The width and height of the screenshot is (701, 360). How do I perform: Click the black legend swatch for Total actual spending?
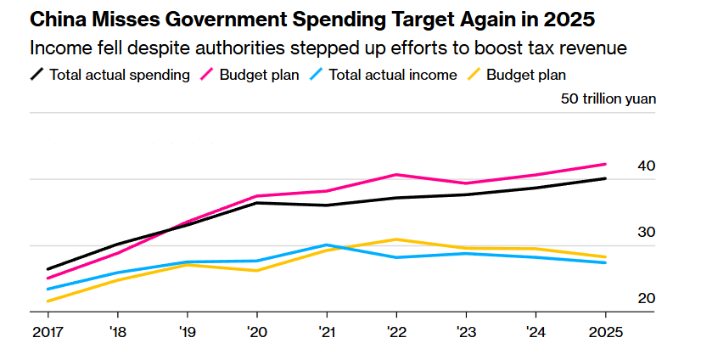(x=36, y=75)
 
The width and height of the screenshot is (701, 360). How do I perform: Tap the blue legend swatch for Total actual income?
(x=316, y=75)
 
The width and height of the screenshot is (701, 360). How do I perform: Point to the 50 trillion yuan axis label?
(x=608, y=98)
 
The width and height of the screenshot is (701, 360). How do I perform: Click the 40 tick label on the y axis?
(x=646, y=166)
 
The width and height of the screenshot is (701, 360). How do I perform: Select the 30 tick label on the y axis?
(x=646, y=232)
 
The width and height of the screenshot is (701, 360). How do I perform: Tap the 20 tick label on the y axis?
(x=646, y=298)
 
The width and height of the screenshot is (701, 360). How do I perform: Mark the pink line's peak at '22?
(x=395, y=174)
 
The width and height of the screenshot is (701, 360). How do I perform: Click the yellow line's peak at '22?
(x=395, y=239)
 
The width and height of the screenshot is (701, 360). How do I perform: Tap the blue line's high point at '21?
(x=326, y=245)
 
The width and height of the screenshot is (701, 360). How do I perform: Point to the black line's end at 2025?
(x=605, y=178)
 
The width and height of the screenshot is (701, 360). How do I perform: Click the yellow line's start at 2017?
(x=48, y=301)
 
